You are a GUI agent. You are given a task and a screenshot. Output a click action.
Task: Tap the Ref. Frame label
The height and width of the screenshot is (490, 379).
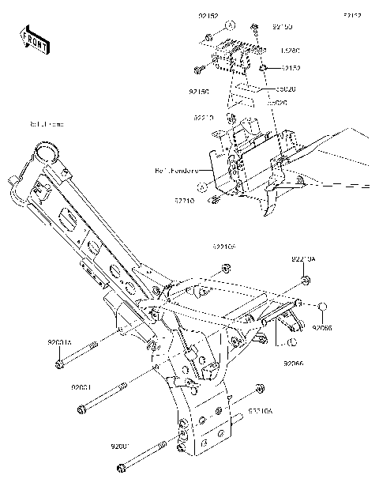47,124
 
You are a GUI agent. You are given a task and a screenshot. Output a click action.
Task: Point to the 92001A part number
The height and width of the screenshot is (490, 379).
59,342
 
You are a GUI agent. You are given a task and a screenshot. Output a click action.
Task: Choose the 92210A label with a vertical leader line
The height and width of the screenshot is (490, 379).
303,258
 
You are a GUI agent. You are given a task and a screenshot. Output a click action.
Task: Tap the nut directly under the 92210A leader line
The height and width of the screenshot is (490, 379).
305,281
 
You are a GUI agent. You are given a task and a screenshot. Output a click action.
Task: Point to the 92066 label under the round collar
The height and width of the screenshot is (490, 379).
322,327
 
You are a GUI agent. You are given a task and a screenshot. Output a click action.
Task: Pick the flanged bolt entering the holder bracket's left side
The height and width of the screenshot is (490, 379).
201,66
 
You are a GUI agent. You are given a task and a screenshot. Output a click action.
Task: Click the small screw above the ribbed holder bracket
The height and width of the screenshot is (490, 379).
255,29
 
